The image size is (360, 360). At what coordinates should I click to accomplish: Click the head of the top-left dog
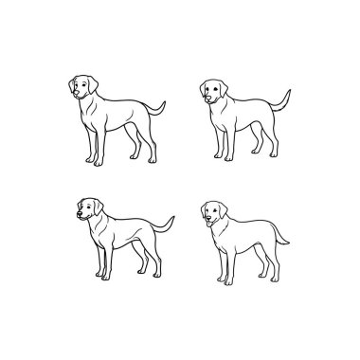84,87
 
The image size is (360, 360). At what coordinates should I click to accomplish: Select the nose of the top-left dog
74,94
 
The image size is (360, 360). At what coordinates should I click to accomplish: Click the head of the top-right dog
214,89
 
